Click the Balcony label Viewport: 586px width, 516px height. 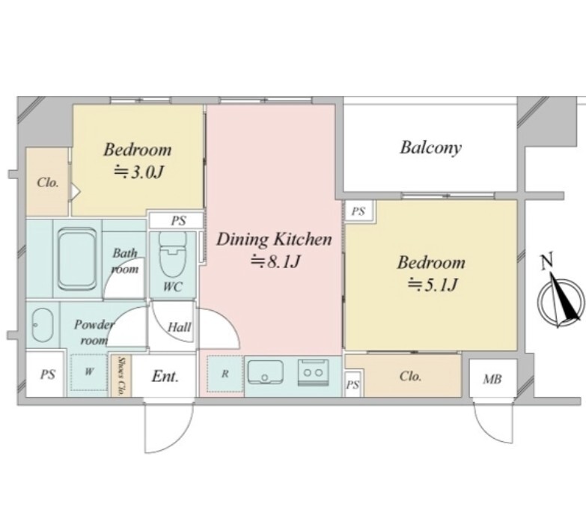430,148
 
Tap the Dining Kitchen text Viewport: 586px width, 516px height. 274,240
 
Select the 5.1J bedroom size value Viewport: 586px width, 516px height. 432,285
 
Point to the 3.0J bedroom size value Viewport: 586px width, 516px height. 138,172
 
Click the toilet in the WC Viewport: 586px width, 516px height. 173,254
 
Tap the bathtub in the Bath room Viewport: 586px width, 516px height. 77,258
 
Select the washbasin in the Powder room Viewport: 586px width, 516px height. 42,325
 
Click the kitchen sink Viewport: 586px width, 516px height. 265,371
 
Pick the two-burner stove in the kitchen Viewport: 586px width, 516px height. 313,372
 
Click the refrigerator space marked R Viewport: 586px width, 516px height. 225,374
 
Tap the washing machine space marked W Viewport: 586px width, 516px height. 89,371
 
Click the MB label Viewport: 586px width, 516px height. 492,379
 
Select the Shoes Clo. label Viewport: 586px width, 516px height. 120,376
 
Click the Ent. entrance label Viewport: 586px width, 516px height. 165,376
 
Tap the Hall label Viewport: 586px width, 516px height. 180,327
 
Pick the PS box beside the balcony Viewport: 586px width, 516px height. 358,212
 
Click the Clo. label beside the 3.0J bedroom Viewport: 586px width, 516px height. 48,183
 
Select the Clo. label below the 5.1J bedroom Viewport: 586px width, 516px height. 410,376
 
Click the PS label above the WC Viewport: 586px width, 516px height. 179,221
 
